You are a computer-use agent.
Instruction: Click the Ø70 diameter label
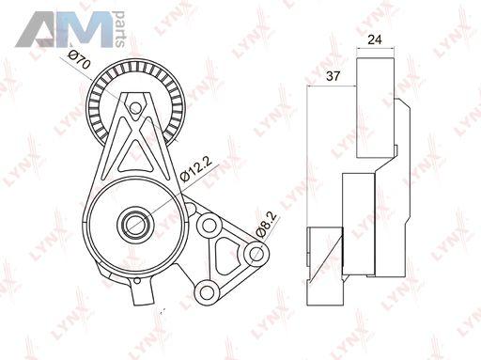click(x=80, y=60)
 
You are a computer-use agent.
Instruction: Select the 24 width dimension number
click(x=375, y=39)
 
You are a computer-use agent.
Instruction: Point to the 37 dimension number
click(x=333, y=76)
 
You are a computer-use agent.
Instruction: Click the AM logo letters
click(x=64, y=29)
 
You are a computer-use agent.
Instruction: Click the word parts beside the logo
click(x=119, y=29)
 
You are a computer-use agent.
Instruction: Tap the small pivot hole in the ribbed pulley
click(x=135, y=108)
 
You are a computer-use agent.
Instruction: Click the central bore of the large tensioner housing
click(x=136, y=224)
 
